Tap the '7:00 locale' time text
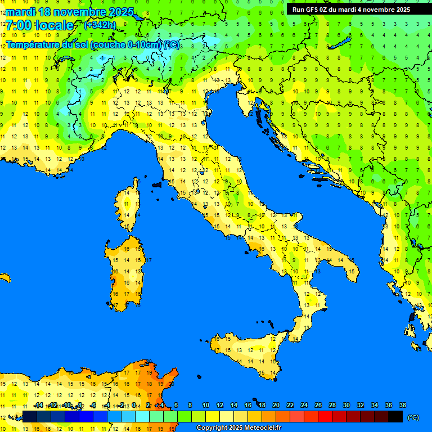40,25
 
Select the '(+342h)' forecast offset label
100,25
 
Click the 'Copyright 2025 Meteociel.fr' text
238,428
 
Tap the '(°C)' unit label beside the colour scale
413,417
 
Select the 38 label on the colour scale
402,406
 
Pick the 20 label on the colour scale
276,406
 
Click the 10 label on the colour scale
205,406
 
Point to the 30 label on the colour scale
346,406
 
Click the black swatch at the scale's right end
395,416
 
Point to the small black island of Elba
157,184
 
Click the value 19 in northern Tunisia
149,372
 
